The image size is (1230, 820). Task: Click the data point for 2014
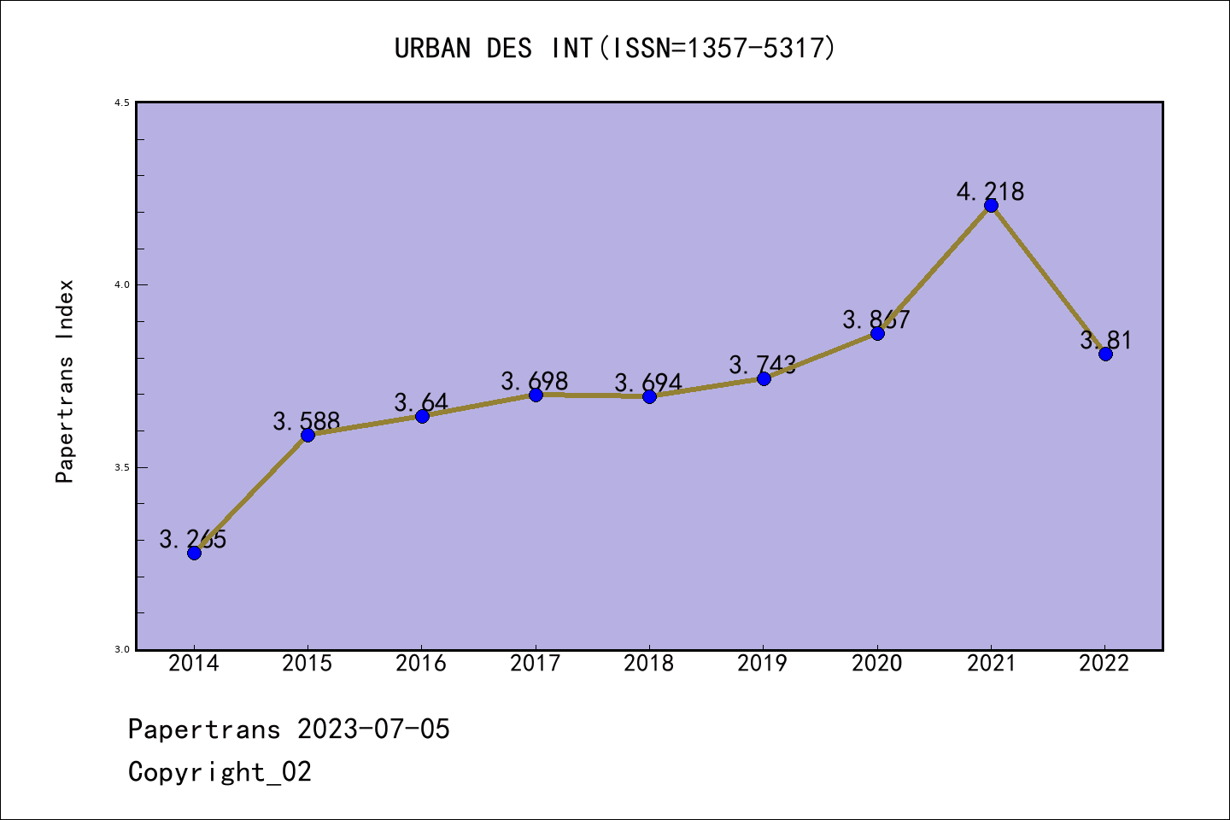click(x=194, y=553)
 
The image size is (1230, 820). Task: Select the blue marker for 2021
click(x=991, y=205)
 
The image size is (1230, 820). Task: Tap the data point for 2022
click(x=1105, y=354)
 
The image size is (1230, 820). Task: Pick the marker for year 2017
click(x=536, y=395)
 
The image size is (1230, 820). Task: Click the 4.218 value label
click(x=990, y=191)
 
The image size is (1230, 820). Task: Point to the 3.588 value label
click(x=307, y=420)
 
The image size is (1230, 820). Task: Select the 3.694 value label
click(x=648, y=382)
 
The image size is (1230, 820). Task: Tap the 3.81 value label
click(x=1105, y=340)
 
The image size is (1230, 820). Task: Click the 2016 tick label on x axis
click(x=421, y=663)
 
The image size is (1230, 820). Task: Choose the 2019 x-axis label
click(x=763, y=663)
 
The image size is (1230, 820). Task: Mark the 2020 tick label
click(x=876, y=663)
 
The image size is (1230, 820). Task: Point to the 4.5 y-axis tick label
click(x=122, y=102)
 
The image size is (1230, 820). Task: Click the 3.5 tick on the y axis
click(x=122, y=467)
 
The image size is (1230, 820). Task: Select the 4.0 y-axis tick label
click(x=122, y=284)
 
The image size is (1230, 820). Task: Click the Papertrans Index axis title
click(x=65, y=381)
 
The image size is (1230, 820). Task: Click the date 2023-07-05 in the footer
click(x=373, y=729)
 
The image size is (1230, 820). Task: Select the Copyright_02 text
click(x=220, y=771)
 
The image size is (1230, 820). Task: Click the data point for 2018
click(x=649, y=396)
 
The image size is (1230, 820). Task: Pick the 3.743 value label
click(x=762, y=365)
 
